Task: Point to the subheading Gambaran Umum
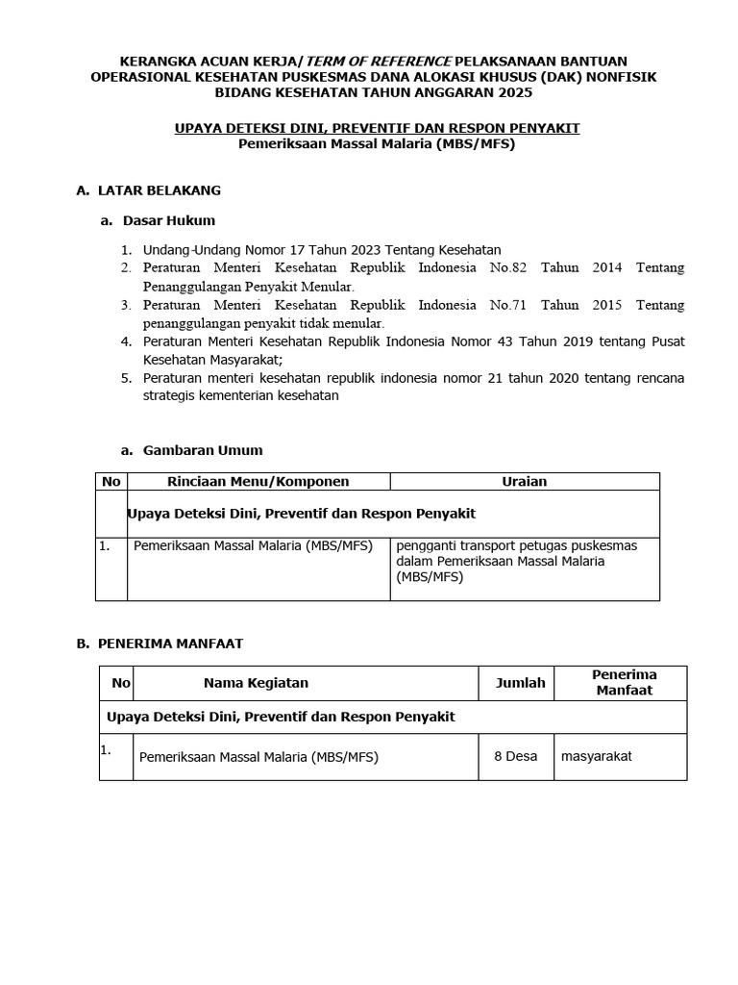(203, 449)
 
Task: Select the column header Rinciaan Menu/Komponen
(258, 481)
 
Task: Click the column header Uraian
(525, 481)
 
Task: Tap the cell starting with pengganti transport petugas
(516, 561)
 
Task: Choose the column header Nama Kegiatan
(256, 683)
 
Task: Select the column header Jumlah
(520, 683)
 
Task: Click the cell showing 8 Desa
(515, 756)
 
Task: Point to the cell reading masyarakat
(597, 756)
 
